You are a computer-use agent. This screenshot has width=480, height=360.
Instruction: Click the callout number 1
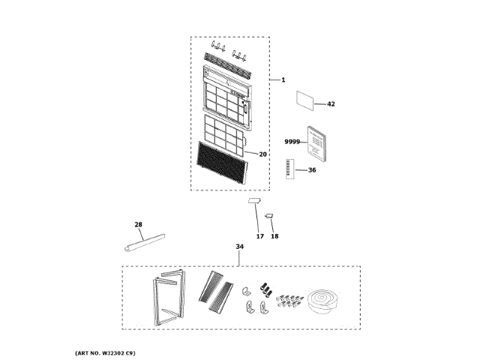pyautogui.click(x=283, y=79)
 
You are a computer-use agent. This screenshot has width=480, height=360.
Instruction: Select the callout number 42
pyautogui.click(x=331, y=104)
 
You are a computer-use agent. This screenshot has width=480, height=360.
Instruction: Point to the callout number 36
pyautogui.click(x=312, y=170)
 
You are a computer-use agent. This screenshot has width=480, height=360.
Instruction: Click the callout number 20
pyautogui.click(x=262, y=154)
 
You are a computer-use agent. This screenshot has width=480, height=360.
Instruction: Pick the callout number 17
pyautogui.click(x=260, y=236)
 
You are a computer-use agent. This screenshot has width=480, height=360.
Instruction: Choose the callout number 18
pyautogui.click(x=274, y=236)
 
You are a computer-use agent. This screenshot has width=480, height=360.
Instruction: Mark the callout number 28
pyautogui.click(x=138, y=224)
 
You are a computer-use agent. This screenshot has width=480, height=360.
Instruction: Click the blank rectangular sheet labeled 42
pyautogui.click(x=306, y=99)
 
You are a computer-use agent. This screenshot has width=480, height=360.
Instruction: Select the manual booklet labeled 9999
pyautogui.click(x=316, y=142)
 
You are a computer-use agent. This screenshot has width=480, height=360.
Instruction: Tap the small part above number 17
pyautogui.click(x=254, y=202)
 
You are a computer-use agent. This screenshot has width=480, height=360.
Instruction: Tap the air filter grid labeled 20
pyautogui.click(x=224, y=133)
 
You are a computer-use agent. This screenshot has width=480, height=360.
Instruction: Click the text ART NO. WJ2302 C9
pyautogui.click(x=106, y=352)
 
